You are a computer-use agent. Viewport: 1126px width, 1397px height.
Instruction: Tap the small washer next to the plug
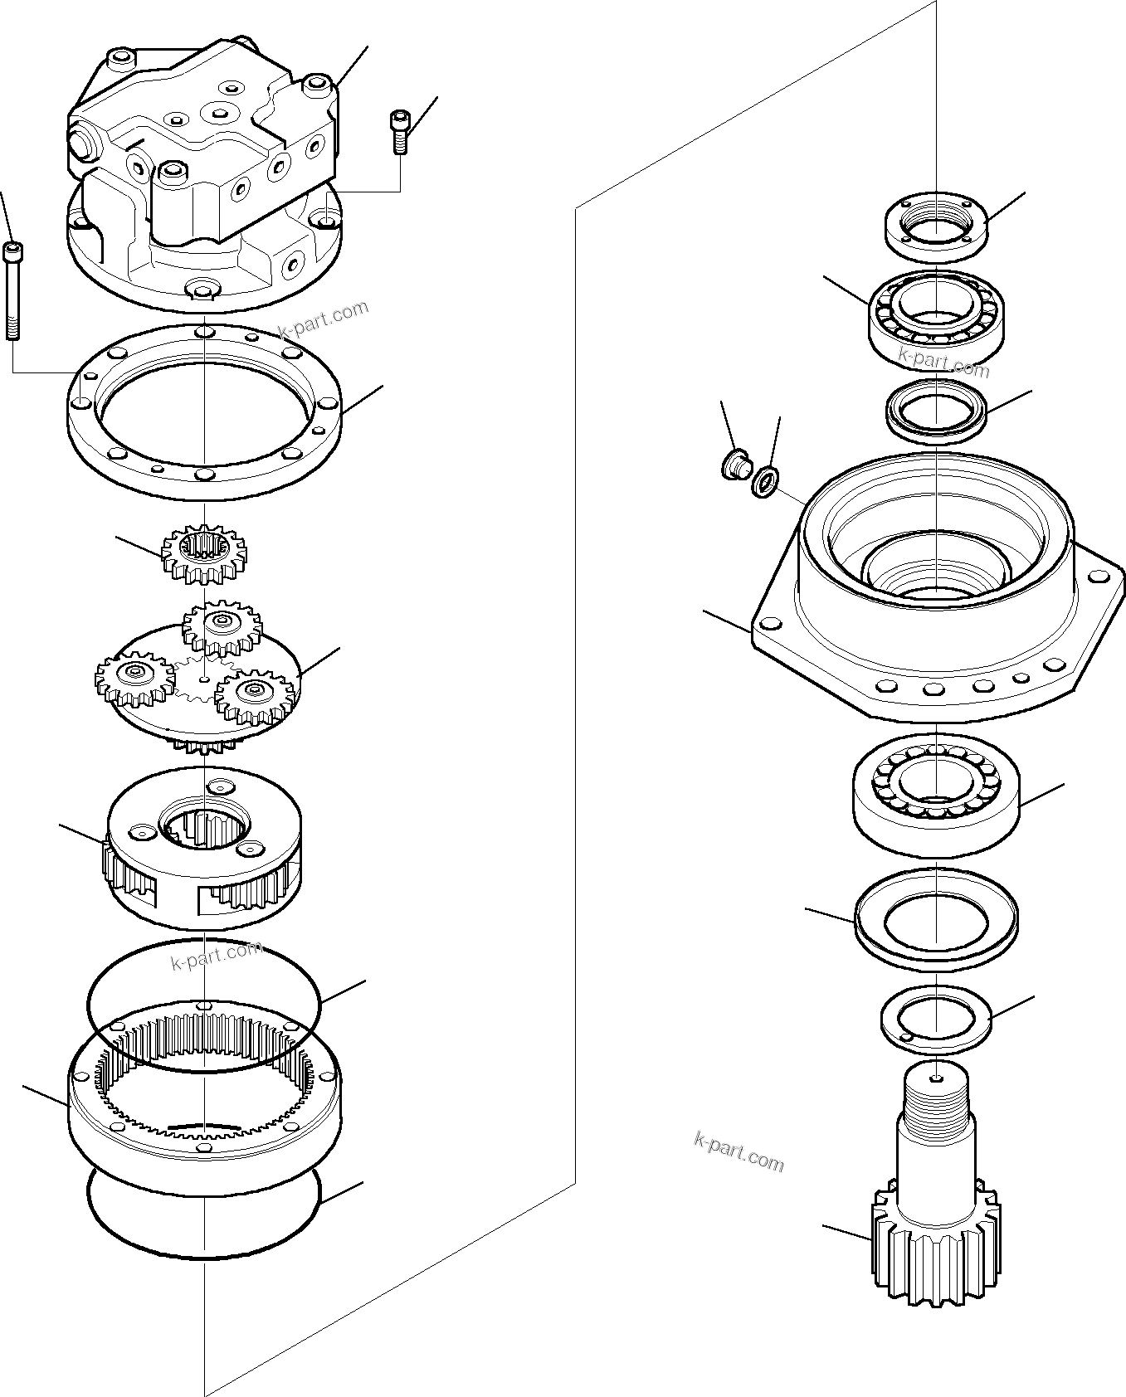pos(765,480)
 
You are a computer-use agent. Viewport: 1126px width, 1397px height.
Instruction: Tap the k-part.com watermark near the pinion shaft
pos(738,1151)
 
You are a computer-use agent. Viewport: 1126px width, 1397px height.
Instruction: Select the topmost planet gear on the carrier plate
pos(222,627)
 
